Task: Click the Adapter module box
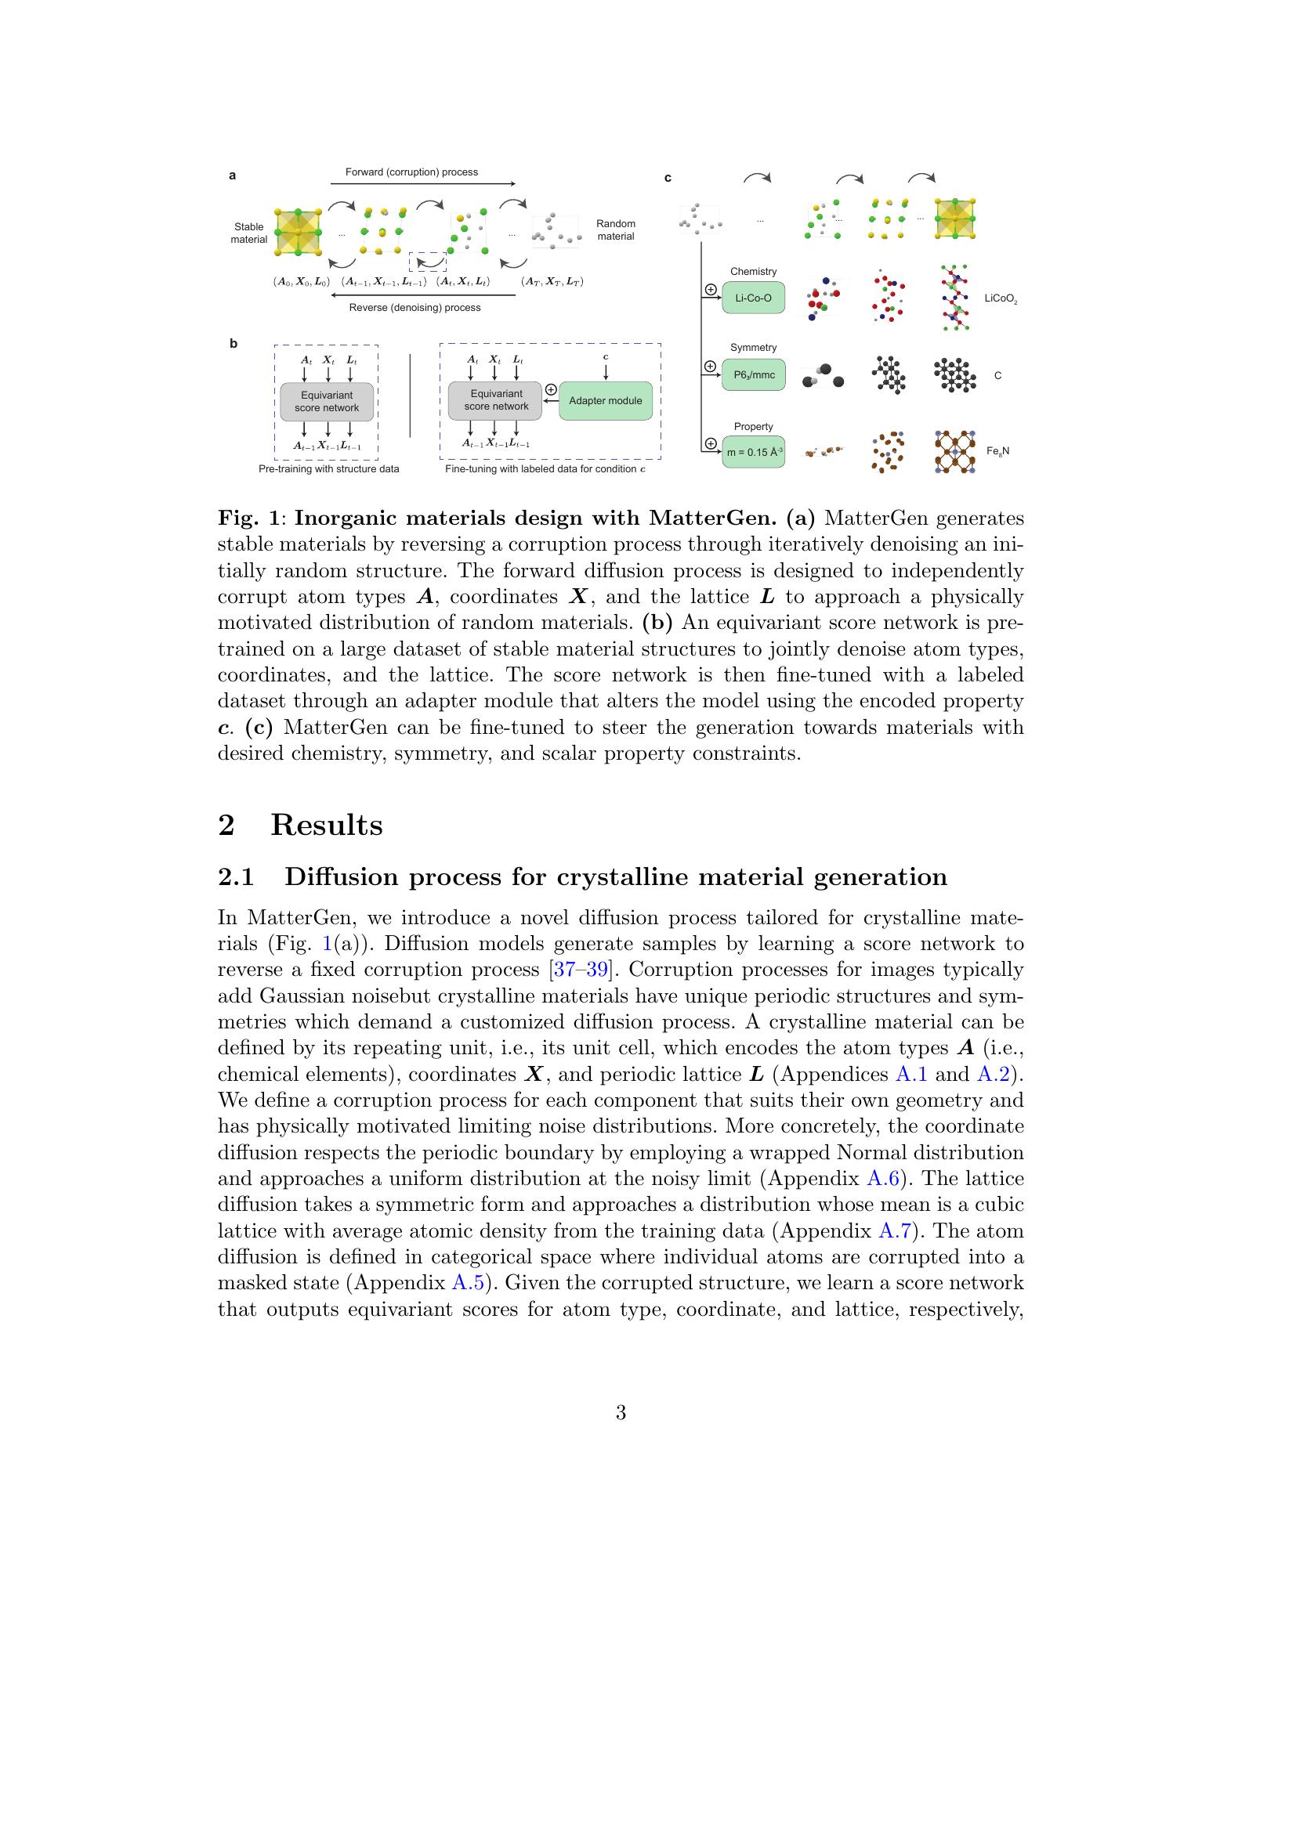pyautogui.click(x=605, y=400)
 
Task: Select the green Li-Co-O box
pyautogui.click(x=753, y=298)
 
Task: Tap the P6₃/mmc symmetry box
pyautogui.click(x=753, y=374)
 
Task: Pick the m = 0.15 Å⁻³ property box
pyautogui.click(x=753, y=452)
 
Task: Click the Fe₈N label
pyautogui.click(x=997, y=451)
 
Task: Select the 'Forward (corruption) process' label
pyautogui.click(x=411, y=172)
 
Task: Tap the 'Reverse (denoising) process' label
pyautogui.click(x=415, y=307)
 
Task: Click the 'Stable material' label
pyautogui.click(x=249, y=233)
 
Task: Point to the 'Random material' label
pyautogui.click(x=615, y=229)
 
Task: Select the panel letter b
pyautogui.click(x=233, y=345)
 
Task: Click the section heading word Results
pyautogui.click(x=327, y=825)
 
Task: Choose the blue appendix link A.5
pyautogui.click(x=469, y=1283)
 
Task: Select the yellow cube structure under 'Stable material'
pyautogui.click(x=298, y=232)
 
